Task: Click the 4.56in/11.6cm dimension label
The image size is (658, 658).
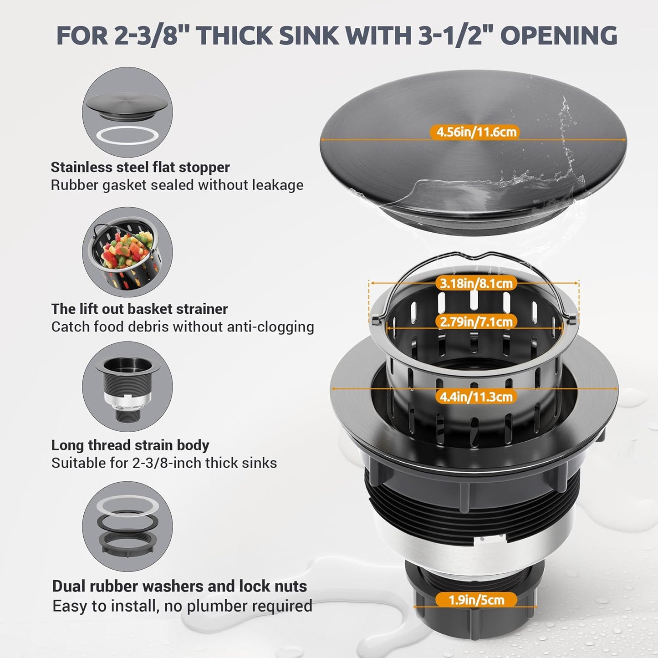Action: pos(476,132)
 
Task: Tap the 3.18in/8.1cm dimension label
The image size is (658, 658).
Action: pos(476,283)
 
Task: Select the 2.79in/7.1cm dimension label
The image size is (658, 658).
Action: pos(476,321)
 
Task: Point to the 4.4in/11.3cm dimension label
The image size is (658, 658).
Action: pos(476,397)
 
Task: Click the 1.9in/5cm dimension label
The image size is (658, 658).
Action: pos(476,600)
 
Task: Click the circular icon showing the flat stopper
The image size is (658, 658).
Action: pos(128,112)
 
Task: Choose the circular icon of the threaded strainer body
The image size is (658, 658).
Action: pos(128,387)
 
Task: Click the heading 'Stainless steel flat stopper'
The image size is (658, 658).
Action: pos(140,167)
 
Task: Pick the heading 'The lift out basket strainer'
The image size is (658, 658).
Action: pos(139,309)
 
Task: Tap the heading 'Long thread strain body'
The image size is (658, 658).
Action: pos(130,445)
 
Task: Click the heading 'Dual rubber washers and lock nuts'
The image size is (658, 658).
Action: pos(179,586)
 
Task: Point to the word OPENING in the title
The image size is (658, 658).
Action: pos(559,36)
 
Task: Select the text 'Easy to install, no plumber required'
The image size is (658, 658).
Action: pos(182,606)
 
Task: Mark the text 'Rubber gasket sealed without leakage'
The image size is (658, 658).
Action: pos(177,185)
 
